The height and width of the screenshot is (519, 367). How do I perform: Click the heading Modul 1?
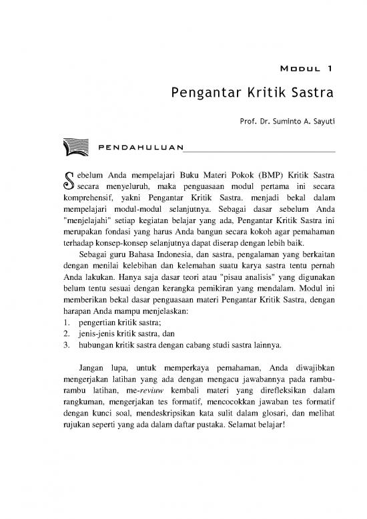pos(305,67)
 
